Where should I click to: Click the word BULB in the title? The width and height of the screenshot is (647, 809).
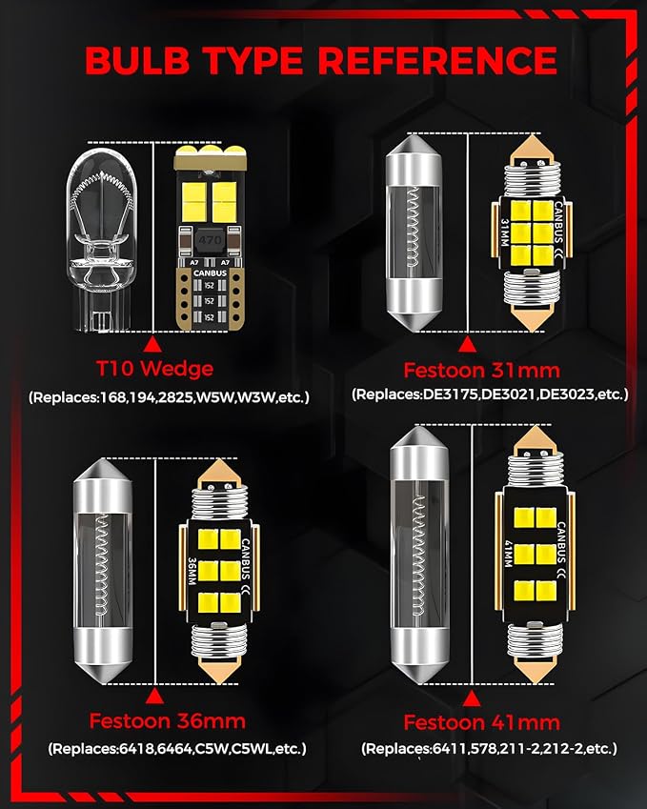[x=136, y=60]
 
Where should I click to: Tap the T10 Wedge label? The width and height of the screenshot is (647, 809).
[x=154, y=369]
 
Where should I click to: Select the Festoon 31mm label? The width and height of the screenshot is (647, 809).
[x=481, y=370]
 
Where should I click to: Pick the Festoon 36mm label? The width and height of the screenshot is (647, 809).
[x=167, y=720]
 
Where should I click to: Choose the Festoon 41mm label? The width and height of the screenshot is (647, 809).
[x=481, y=722]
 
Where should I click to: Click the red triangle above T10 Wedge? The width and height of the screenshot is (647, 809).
[x=152, y=344]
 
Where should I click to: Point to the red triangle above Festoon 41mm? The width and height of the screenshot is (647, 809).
[x=471, y=698]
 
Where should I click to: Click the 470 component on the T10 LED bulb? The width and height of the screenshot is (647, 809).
[x=210, y=240]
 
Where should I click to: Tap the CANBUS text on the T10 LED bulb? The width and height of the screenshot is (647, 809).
[x=210, y=273]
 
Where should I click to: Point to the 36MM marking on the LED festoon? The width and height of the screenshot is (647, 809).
[x=192, y=571]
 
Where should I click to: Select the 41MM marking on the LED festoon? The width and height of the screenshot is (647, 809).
[x=509, y=554]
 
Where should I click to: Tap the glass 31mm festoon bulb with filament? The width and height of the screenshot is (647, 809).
[x=414, y=233]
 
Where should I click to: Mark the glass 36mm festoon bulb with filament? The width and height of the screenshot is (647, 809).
[x=103, y=571]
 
